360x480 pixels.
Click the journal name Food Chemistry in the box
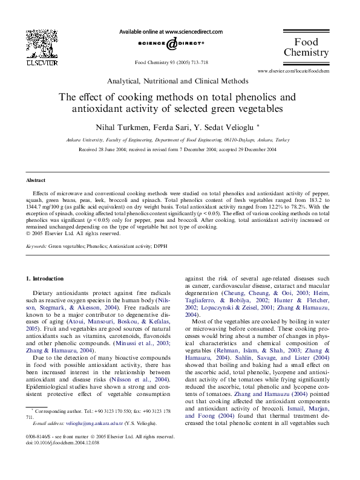click(x=306, y=47)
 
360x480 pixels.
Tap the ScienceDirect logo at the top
click(x=171, y=44)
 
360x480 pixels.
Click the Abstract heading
click(x=36, y=181)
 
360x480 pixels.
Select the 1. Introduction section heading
click(x=45, y=279)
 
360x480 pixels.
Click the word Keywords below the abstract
click(x=36, y=247)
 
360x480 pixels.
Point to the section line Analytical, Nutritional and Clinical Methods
click(x=177, y=81)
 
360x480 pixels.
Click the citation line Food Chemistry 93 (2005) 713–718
click(x=171, y=62)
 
